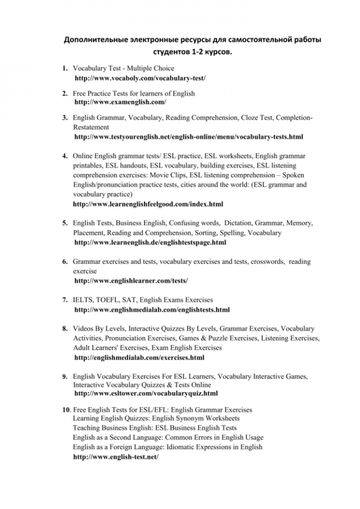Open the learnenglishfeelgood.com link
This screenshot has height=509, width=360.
point(148,204)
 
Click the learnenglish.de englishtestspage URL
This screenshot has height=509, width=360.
point(150,242)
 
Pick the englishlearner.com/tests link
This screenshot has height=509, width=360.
point(131,280)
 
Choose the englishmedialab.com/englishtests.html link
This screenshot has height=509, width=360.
point(152,310)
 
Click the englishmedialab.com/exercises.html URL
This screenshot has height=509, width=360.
point(139,357)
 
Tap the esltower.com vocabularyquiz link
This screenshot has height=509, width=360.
point(146,394)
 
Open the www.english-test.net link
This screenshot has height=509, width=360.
point(116,457)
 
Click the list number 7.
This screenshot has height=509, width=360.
point(65,300)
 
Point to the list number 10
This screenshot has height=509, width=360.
point(66,410)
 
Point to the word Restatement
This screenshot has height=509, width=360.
point(91,127)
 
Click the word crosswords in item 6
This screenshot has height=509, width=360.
point(266,262)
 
